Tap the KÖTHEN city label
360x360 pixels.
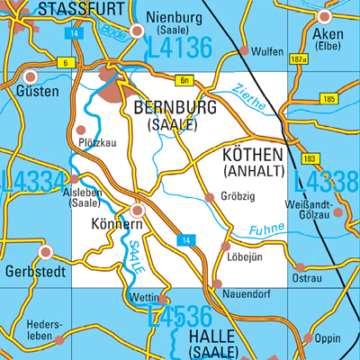tap(252, 152)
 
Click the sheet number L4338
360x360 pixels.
tap(326, 183)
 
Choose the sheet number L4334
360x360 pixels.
tap(33, 181)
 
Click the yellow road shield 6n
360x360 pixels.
tap(185, 80)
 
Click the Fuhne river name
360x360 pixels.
tap(265, 230)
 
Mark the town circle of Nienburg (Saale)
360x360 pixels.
tap(137, 31)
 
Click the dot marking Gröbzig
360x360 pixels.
tap(210, 196)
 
